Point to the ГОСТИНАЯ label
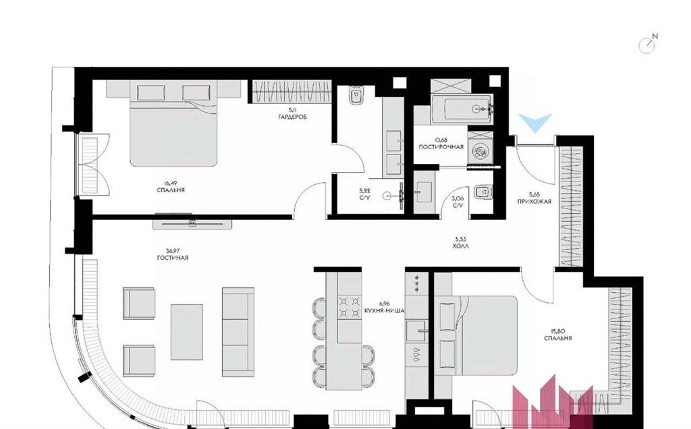click(x=172, y=258)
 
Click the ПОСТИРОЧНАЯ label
click(x=441, y=146)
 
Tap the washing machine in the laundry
click(x=480, y=151)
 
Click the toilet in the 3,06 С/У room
click(x=482, y=192)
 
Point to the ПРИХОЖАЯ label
click(x=534, y=202)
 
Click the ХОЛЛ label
click(x=460, y=247)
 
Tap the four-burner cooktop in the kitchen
click(x=348, y=307)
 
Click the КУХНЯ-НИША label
click(x=385, y=310)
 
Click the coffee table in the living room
click(x=187, y=326)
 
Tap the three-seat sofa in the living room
click(x=238, y=332)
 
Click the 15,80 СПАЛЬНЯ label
click(x=558, y=335)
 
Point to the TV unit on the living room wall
click(x=192, y=223)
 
